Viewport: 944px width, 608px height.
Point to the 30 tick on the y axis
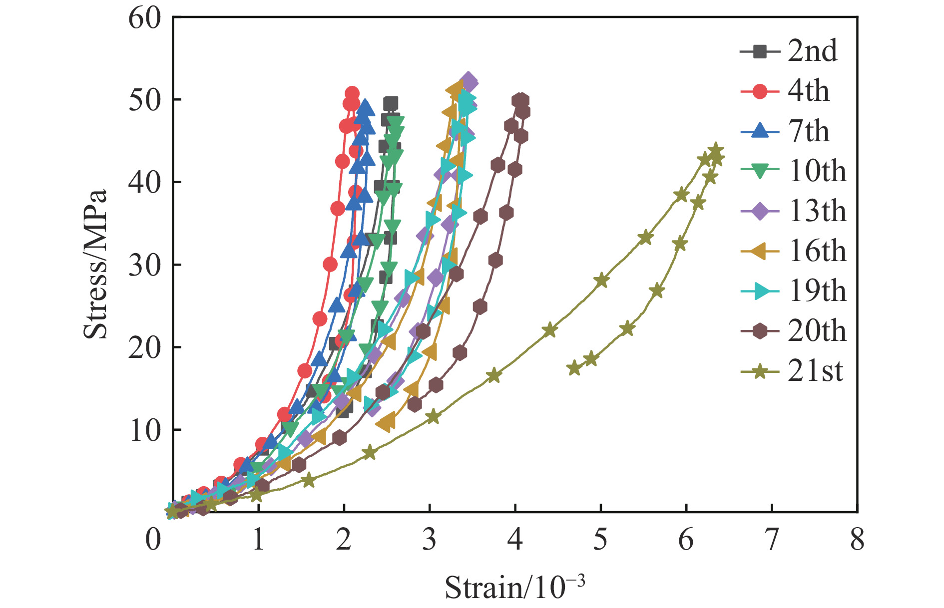click(x=145, y=265)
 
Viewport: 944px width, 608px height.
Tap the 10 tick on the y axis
click(x=145, y=430)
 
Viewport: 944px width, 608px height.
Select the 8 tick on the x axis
click(x=857, y=540)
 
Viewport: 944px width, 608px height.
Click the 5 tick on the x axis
click(x=600, y=540)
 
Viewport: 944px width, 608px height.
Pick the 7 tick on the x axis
click(x=772, y=540)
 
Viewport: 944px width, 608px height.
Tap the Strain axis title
click(x=514, y=587)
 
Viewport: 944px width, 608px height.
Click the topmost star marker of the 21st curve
click(x=716, y=150)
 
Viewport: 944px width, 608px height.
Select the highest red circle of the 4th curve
click(x=352, y=93)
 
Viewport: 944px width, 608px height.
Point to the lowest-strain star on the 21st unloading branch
click(x=574, y=368)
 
